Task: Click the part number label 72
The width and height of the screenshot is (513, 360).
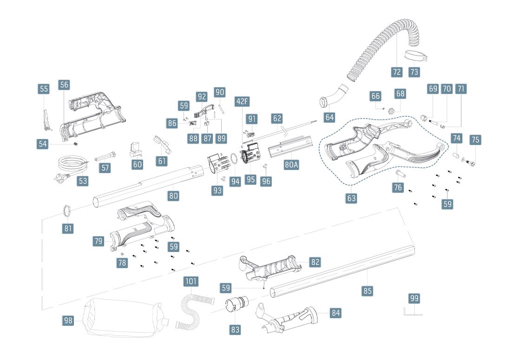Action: point(396,72)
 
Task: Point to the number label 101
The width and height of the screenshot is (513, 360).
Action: point(191,281)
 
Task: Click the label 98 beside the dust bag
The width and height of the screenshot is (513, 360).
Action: point(68,320)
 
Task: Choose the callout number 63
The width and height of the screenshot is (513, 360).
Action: point(351,199)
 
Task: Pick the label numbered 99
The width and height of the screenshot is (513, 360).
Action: point(414,298)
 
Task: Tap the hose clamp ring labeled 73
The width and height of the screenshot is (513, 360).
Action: point(416,57)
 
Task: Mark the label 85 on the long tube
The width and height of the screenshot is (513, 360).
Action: point(368,291)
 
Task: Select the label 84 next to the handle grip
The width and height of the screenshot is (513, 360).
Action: point(335,313)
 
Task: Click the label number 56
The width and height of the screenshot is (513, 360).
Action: point(64,85)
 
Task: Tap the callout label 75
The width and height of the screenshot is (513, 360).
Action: point(475,140)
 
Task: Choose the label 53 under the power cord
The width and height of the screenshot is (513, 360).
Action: point(82,180)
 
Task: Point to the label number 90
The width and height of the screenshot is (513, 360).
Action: point(220,92)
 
